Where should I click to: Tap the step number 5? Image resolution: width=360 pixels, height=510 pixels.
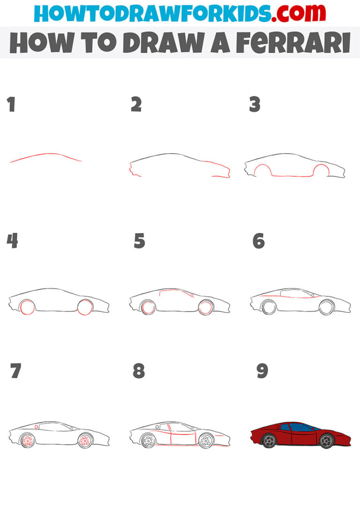tap(139, 241)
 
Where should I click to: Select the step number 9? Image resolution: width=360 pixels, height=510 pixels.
tap(262, 371)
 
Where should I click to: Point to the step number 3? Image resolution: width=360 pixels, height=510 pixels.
tap(255, 105)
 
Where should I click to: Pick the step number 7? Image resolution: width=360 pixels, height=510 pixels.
tap(15, 371)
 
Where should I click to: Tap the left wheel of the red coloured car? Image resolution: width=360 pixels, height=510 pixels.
tap(269, 441)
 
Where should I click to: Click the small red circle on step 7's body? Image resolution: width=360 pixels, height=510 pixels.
tap(37, 426)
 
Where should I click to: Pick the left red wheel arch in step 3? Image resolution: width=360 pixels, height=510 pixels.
tap(261, 170)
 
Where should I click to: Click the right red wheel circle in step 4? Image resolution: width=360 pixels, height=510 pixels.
tap(85, 307)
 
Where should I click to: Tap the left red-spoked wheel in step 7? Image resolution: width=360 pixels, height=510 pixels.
tap(28, 441)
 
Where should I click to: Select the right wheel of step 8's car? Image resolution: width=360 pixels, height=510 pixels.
tap(205, 441)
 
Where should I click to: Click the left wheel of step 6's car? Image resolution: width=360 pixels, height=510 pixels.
tap(269, 307)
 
